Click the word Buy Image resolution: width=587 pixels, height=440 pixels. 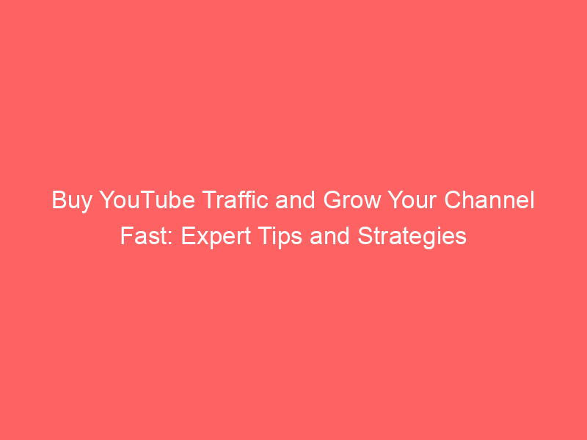click(x=71, y=201)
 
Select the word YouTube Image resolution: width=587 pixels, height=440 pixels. click(x=147, y=199)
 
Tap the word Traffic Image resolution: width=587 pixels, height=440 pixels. click(x=236, y=199)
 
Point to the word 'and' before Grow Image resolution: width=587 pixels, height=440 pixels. click(x=296, y=199)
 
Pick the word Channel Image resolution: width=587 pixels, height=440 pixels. click(x=489, y=199)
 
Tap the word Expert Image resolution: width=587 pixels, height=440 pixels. click(x=216, y=238)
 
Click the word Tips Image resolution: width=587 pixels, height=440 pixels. click(x=280, y=238)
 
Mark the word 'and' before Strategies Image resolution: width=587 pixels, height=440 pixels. click(x=329, y=235)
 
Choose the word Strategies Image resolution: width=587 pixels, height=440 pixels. click(x=412, y=238)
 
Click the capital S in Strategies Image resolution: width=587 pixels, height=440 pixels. click(x=365, y=235)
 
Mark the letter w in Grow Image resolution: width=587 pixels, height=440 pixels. click(x=373, y=202)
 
